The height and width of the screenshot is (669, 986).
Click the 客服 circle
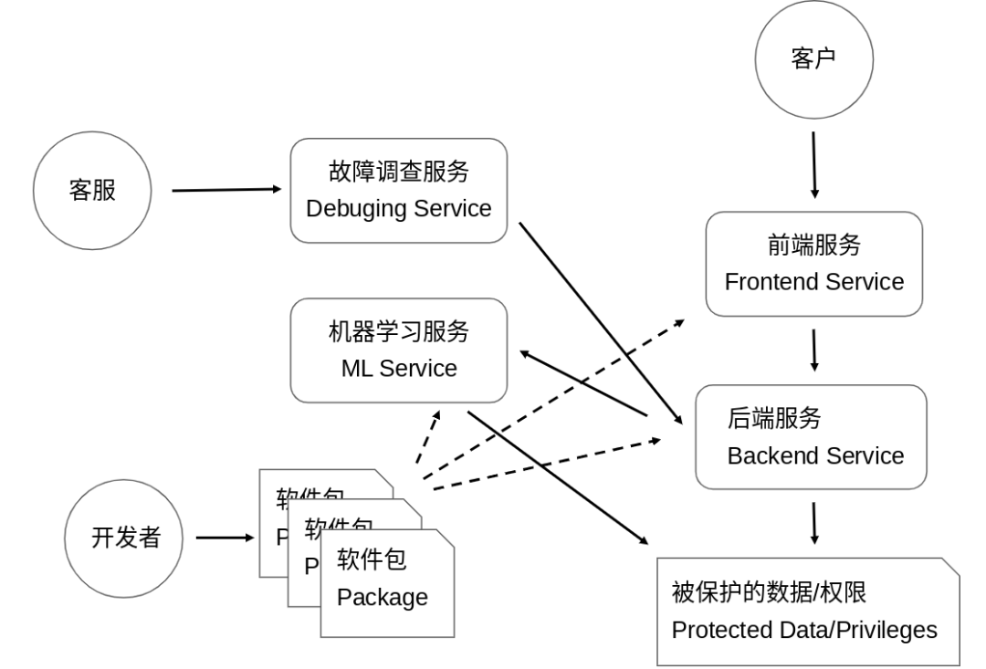click(x=92, y=192)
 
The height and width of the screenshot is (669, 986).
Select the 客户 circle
click(x=813, y=59)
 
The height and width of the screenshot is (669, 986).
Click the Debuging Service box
click(x=398, y=191)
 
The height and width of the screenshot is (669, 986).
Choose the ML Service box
click(x=398, y=350)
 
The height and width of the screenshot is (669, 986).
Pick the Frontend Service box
click(x=813, y=264)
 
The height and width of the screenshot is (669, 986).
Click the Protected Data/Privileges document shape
click(x=807, y=612)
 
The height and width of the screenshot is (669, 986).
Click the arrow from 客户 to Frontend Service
click(x=814, y=164)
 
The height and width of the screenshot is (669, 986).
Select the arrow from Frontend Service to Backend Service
click(x=813, y=350)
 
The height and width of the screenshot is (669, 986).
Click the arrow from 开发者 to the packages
click(x=225, y=537)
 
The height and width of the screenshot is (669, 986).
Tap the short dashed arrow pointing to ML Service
click(x=427, y=437)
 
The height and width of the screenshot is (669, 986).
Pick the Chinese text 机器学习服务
click(x=398, y=332)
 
